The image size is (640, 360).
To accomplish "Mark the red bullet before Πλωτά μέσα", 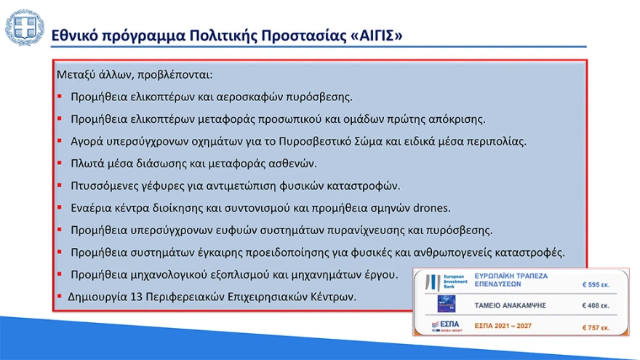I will coord(60,164).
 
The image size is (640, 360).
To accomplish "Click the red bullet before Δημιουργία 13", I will coord(60,298).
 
